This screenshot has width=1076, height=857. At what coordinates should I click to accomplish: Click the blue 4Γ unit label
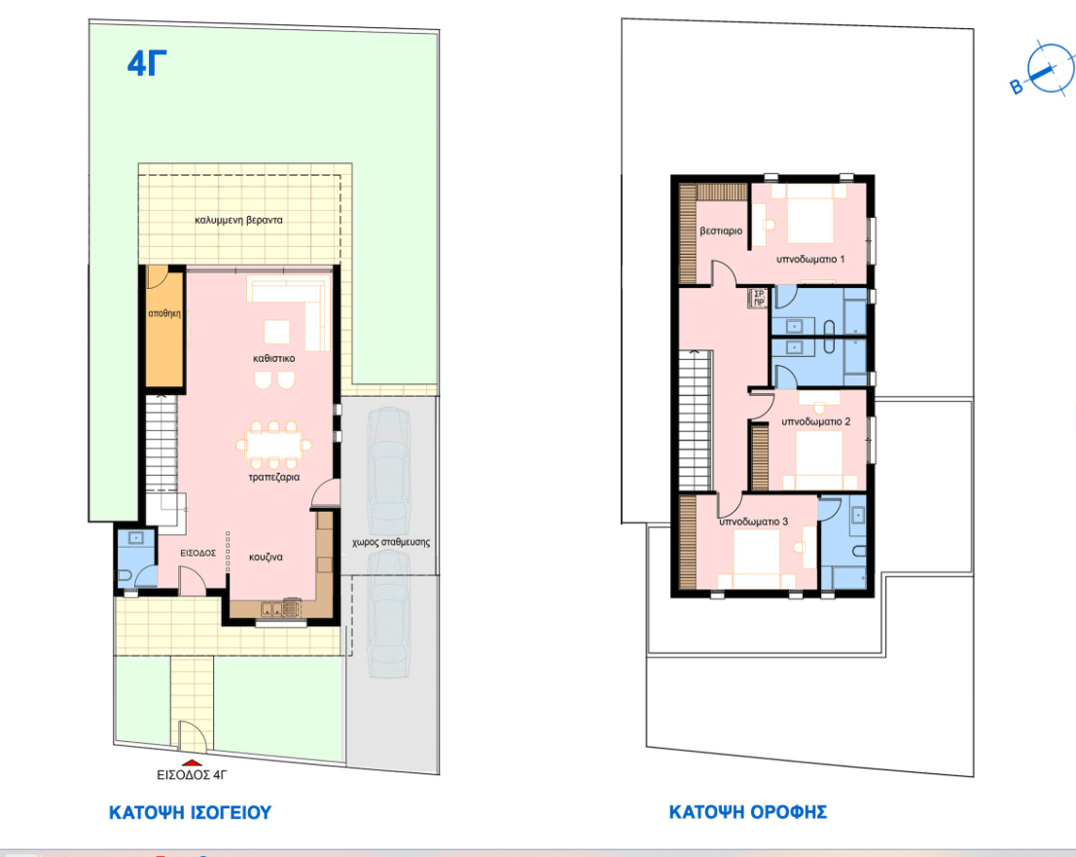pyautogui.click(x=147, y=63)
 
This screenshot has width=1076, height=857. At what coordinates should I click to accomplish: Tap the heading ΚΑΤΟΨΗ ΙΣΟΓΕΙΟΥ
pyautogui.click(x=190, y=812)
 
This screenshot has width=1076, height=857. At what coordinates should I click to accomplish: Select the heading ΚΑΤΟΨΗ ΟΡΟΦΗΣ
pyautogui.click(x=747, y=811)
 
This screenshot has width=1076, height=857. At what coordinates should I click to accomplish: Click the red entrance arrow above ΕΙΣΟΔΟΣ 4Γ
pyautogui.click(x=192, y=763)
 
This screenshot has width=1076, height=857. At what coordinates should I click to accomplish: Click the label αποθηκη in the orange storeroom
pyautogui.click(x=164, y=313)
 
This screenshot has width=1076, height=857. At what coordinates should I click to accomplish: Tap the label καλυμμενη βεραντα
pyautogui.click(x=238, y=220)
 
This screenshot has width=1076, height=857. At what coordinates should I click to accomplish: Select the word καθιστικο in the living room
pyautogui.click(x=273, y=358)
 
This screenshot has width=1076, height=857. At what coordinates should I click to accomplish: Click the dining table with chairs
pyautogui.click(x=273, y=445)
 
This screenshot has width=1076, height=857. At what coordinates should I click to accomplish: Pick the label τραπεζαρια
pyautogui.click(x=273, y=477)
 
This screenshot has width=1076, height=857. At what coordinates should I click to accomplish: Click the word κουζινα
pyautogui.click(x=266, y=557)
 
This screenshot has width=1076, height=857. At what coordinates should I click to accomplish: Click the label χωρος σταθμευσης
pyautogui.click(x=391, y=542)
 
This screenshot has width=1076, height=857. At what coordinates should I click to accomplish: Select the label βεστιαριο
pyautogui.click(x=721, y=232)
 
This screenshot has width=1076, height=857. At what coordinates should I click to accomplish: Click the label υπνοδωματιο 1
pyautogui.click(x=810, y=260)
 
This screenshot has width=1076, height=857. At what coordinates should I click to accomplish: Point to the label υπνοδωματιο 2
pyautogui.click(x=816, y=421)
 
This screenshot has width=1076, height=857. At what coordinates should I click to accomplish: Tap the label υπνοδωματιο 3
pyautogui.click(x=753, y=521)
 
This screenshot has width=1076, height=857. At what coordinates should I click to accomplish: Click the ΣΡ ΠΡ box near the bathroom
pyautogui.click(x=758, y=299)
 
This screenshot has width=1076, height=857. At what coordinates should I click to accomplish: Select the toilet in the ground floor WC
pyautogui.click(x=126, y=575)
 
